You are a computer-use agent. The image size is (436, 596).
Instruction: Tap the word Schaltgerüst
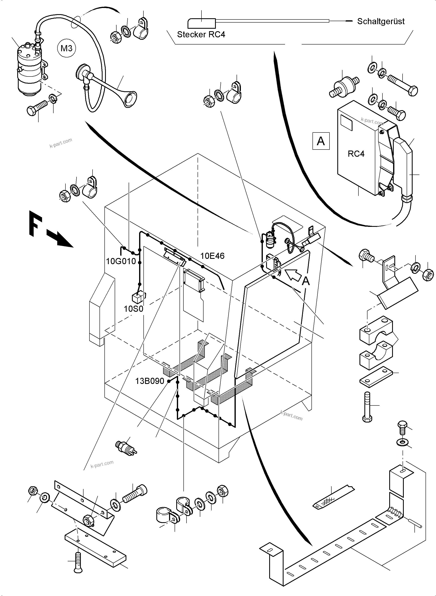[381, 21]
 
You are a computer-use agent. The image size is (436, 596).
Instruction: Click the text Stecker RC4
[201, 35]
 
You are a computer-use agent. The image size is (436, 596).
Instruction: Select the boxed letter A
[321, 141]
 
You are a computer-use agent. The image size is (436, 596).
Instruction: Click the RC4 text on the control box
[356, 154]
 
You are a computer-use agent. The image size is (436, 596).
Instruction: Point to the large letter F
[35, 223]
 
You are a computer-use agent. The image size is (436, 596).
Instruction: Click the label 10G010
[121, 261]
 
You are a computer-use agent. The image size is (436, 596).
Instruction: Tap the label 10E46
[212, 256]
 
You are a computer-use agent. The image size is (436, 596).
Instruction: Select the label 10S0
[133, 309]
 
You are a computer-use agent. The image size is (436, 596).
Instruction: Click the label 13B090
[150, 381]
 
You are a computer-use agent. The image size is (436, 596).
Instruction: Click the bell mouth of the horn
[130, 99]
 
